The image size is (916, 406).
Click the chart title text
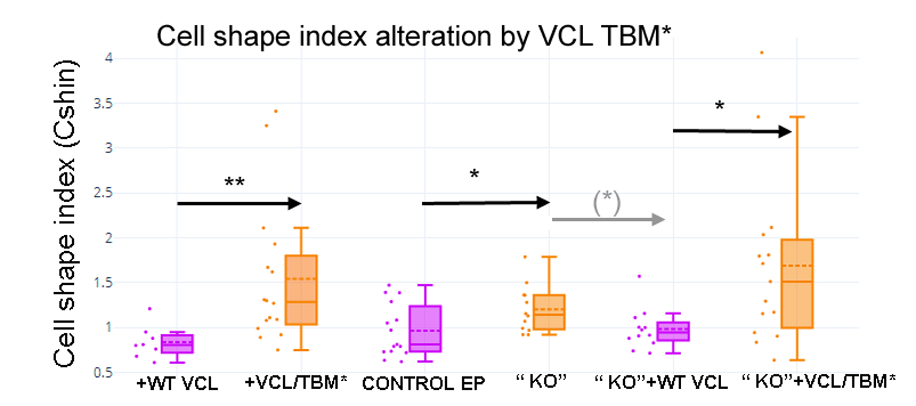pos(413,36)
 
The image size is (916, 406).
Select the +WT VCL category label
pos(177,384)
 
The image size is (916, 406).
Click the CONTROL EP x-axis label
pos(423,384)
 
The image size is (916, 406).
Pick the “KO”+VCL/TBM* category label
pos(819,382)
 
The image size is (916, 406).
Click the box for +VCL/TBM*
pos(301,290)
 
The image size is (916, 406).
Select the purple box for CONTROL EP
pos(425,329)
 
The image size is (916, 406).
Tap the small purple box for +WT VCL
pos(177,344)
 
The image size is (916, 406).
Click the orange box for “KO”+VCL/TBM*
pos(797,284)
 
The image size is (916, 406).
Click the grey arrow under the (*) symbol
pos(608,219)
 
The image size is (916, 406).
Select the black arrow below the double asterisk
pos(239,203)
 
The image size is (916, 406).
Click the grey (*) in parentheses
pos(607,202)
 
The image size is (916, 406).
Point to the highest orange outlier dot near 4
pos(762,53)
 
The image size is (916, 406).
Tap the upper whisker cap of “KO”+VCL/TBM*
pos(797,117)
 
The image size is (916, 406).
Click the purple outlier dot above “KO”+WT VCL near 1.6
pos(639,276)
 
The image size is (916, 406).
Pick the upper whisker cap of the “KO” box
pos(549,257)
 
